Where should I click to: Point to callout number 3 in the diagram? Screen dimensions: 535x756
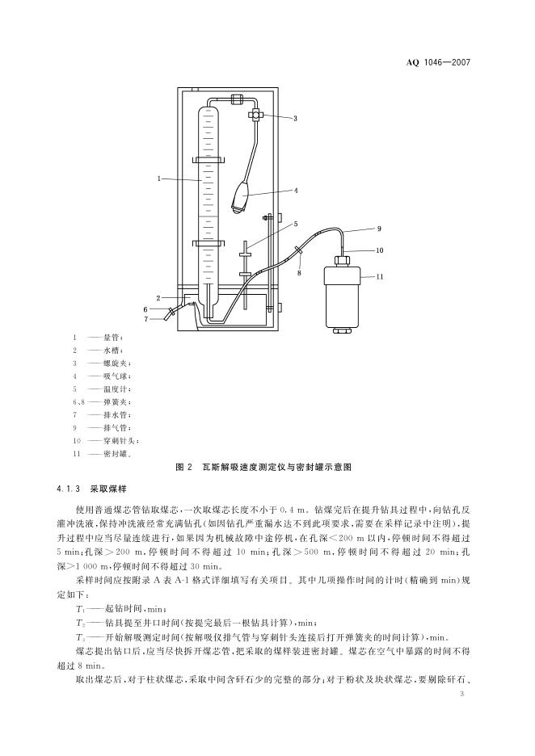click(295, 119)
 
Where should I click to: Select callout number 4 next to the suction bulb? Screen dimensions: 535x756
click(297, 191)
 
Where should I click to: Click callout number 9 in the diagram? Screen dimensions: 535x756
click(378, 229)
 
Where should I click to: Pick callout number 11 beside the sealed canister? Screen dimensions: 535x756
click(380, 277)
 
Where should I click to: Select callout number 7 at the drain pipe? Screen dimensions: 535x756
click(146, 319)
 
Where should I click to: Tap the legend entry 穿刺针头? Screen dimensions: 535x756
click(120, 441)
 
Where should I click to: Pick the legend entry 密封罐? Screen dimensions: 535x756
click(115, 454)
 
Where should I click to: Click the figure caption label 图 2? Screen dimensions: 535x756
click(184, 468)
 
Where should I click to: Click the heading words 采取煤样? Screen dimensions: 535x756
click(103, 489)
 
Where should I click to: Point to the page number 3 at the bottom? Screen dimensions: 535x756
click(461, 694)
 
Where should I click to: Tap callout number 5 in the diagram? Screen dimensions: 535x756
click(296, 224)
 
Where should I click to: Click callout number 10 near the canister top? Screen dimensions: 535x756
click(380, 250)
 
